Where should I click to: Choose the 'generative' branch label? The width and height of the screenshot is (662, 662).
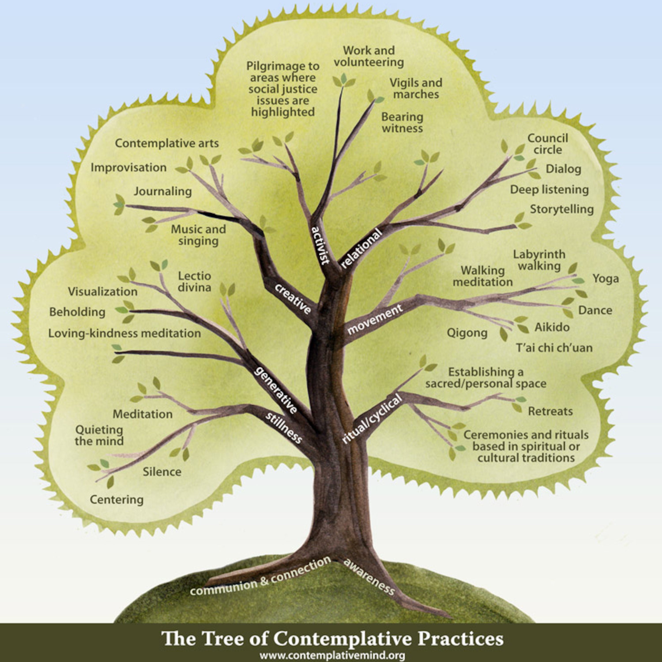276,390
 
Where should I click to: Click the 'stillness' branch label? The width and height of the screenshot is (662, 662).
284,427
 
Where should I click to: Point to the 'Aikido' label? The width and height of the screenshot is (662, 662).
552,327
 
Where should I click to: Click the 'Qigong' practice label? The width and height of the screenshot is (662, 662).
467,333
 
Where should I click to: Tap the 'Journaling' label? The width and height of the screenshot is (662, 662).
163,191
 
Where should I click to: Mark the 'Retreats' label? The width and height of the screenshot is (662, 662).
550,411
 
